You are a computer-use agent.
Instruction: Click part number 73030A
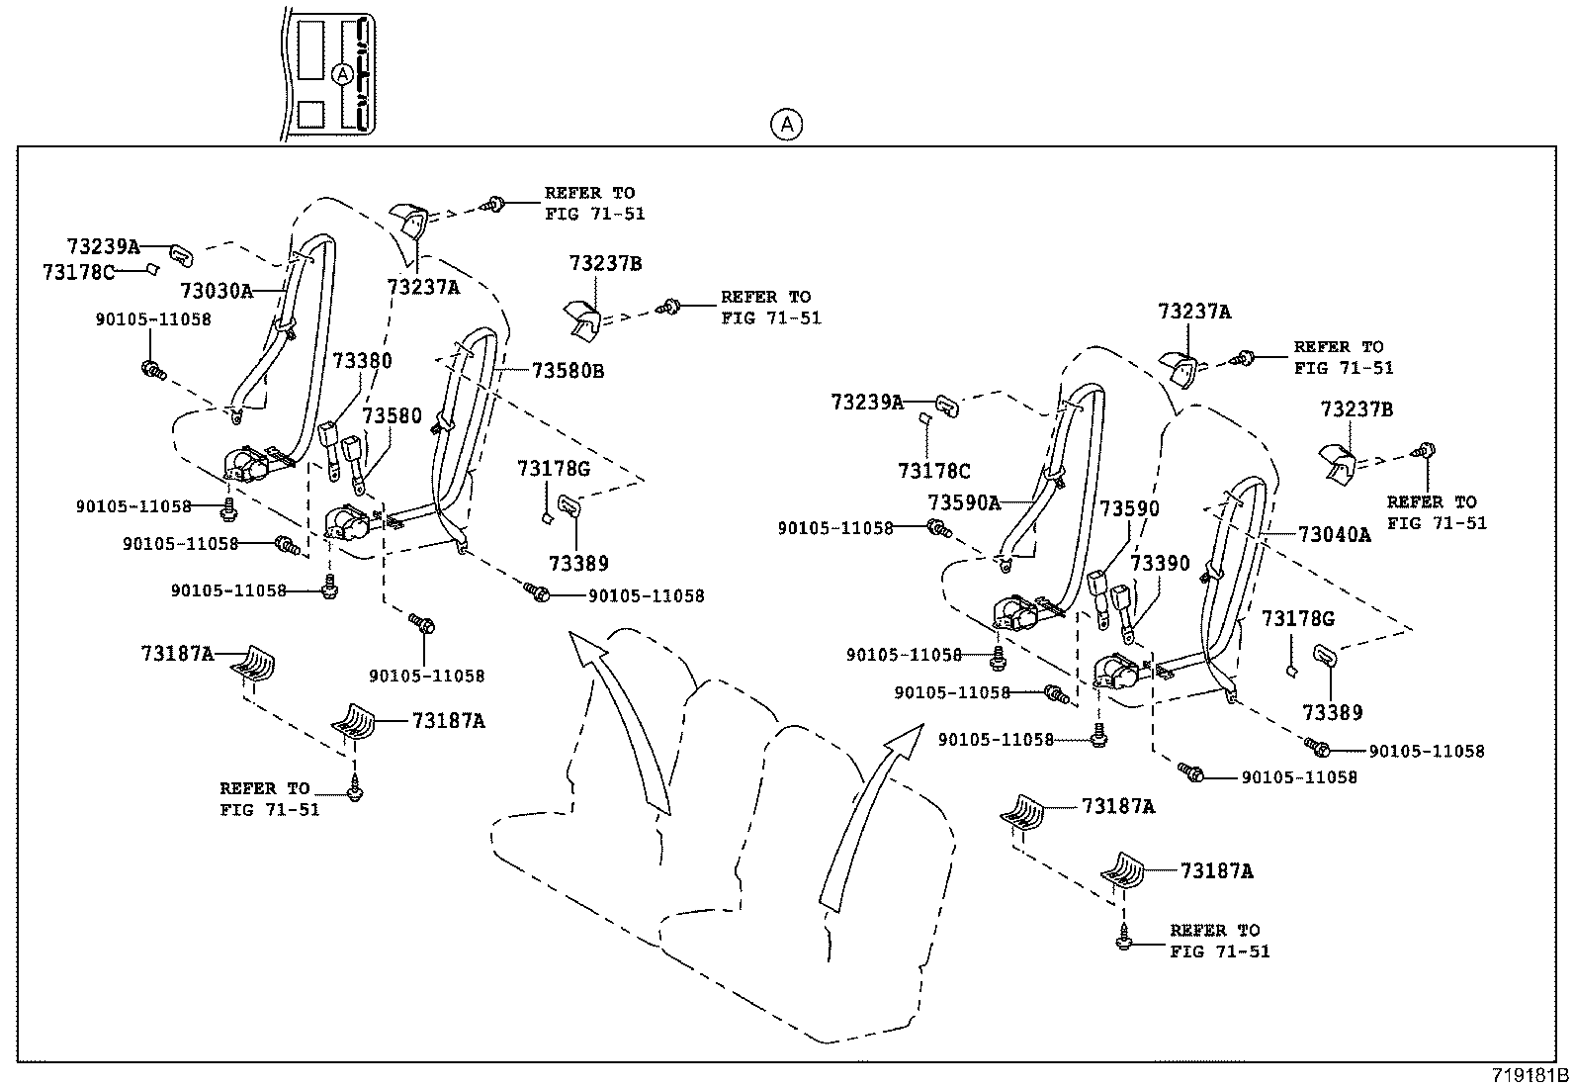point(216,290)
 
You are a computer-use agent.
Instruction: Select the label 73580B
point(568,371)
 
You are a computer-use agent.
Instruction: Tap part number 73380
point(361,361)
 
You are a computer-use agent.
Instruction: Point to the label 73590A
point(963,502)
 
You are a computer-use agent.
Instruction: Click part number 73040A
point(1334,535)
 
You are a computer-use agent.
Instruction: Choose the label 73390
point(1160,563)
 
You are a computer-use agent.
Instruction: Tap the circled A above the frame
point(786,125)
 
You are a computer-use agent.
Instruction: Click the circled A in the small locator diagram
point(341,74)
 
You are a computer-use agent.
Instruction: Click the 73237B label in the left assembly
point(605,263)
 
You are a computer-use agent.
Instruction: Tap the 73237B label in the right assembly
point(1356,408)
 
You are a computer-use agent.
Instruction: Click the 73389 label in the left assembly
point(578,563)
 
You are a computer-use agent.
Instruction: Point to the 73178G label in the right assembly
point(1297,618)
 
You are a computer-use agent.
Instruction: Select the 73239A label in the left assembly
point(103,246)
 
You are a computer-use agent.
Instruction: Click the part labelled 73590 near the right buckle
point(1129,508)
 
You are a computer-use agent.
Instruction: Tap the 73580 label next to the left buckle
point(392,415)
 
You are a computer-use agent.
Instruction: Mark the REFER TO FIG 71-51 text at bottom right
point(1219,941)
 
